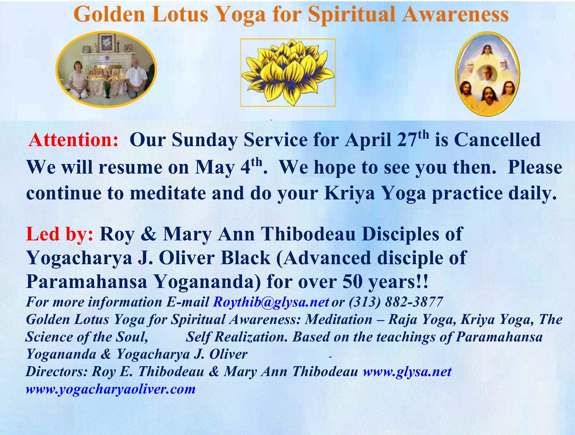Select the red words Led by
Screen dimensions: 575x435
(59, 234)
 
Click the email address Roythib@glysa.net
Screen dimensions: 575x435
(271, 302)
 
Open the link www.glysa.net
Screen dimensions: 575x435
(407, 372)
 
